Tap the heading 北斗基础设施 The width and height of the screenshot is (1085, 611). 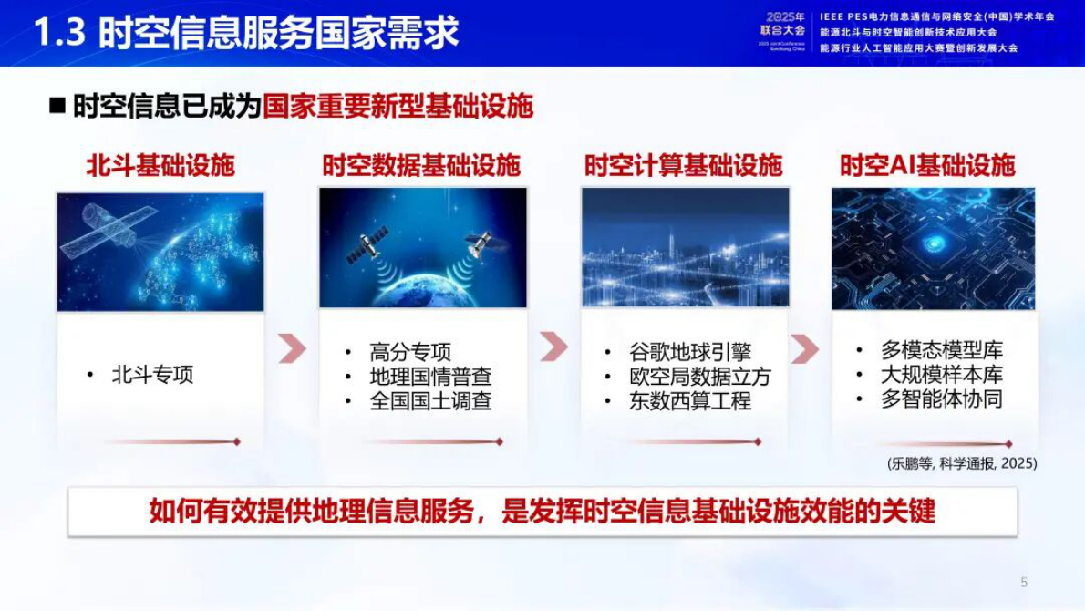coord(160,165)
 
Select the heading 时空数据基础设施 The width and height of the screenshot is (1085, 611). coord(421,165)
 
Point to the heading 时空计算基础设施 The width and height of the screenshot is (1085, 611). coord(683,165)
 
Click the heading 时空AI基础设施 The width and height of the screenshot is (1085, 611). coord(927,165)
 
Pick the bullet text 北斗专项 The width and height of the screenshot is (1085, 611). coord(152,375)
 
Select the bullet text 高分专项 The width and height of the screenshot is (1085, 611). coord(410,352)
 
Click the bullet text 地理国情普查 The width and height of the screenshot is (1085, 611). coord(430,377)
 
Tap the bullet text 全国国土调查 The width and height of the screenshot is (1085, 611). coord(430,401)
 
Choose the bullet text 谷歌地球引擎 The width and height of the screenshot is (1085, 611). coord(689,352)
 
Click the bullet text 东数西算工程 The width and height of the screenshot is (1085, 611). coord(689,401)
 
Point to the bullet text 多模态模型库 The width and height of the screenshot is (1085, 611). coord(941,350)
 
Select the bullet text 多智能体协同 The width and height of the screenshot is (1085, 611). coord(941,399)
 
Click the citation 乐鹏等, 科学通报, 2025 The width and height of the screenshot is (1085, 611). coord(962,463)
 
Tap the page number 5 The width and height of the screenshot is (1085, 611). coord(1024,582)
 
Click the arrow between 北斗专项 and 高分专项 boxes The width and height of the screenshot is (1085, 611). coord(292,347)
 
